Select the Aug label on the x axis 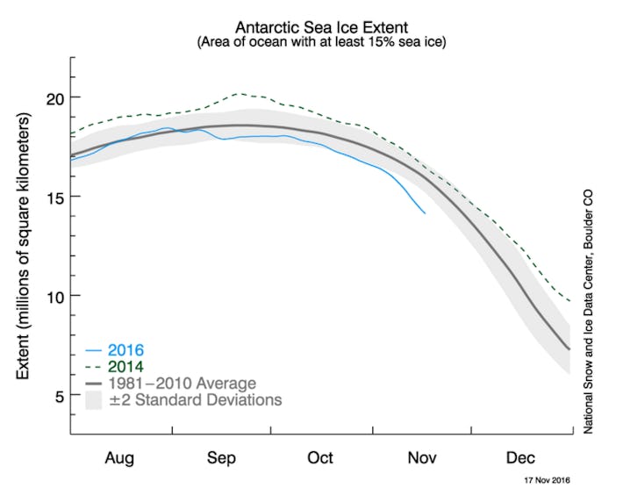coord(120,457)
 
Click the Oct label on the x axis coord(321,457)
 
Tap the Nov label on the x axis coord(421,457)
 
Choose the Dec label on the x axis coord(521,457)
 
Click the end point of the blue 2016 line coord(425,212)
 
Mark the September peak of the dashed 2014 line coord(240,93)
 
